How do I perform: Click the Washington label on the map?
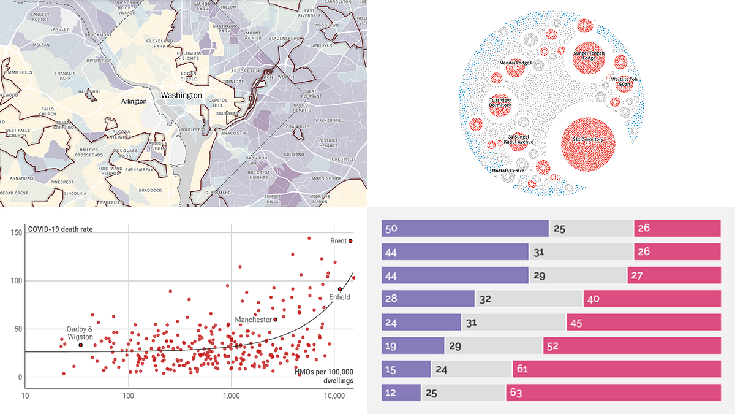181,96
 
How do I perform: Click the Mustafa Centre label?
508,171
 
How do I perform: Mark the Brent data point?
351,241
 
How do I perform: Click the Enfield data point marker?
340,289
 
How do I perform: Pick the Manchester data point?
275,320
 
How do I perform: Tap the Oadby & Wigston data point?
80,345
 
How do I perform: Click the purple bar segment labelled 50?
465,228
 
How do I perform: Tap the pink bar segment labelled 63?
612,392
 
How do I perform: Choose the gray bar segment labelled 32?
529,299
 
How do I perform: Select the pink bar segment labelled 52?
631,345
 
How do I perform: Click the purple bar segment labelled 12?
401,392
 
